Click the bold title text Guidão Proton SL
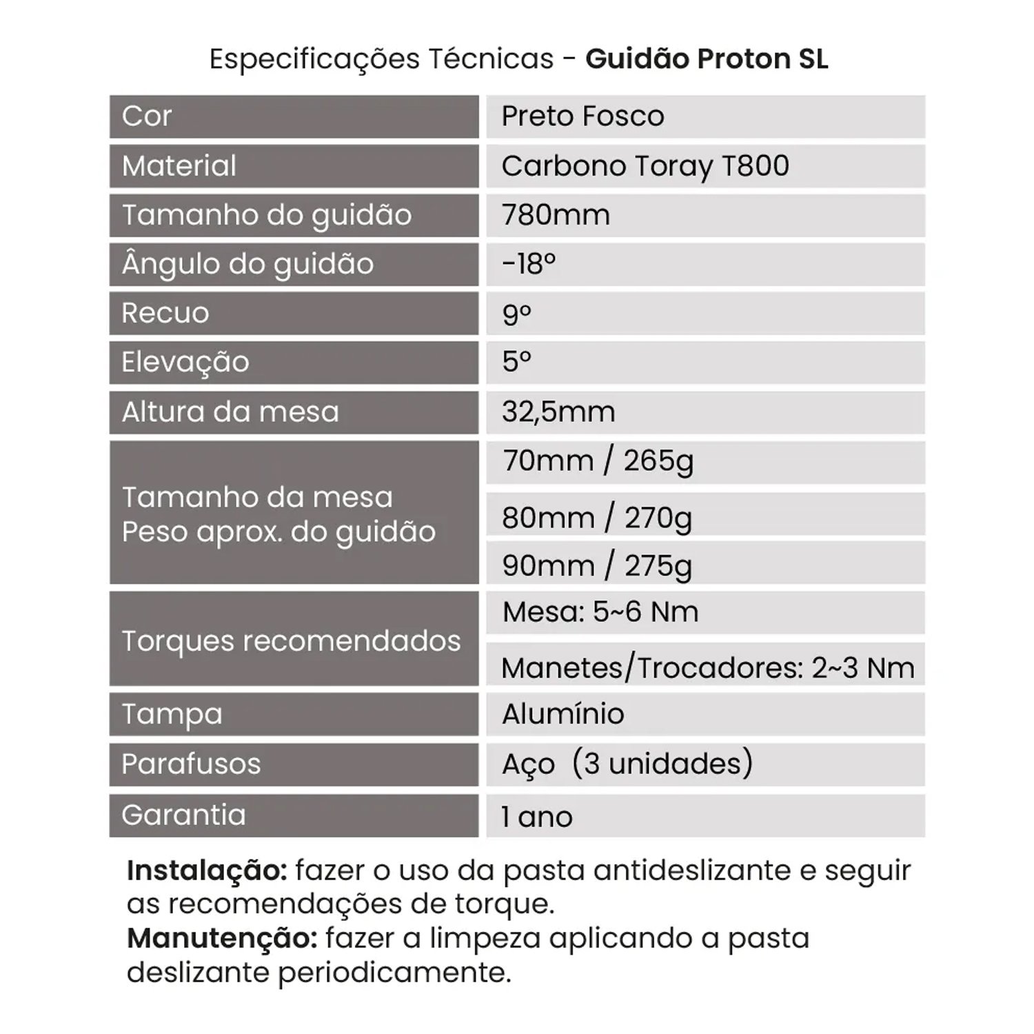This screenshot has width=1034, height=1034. (707, 59)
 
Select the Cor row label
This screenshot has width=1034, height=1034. (147, 116)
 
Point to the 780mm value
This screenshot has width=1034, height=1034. (556, 215)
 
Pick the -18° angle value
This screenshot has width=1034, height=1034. (529, 264)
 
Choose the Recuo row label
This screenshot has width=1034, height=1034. (165, 313)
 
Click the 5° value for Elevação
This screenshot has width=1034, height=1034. (516, 362)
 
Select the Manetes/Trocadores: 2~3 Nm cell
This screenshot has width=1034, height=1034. (707, 667)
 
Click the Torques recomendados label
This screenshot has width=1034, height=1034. (291, 641)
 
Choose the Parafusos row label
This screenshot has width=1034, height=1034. (191, 764)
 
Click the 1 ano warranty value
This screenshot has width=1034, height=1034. (537, 817)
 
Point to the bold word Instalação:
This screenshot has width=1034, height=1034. (207, 871)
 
